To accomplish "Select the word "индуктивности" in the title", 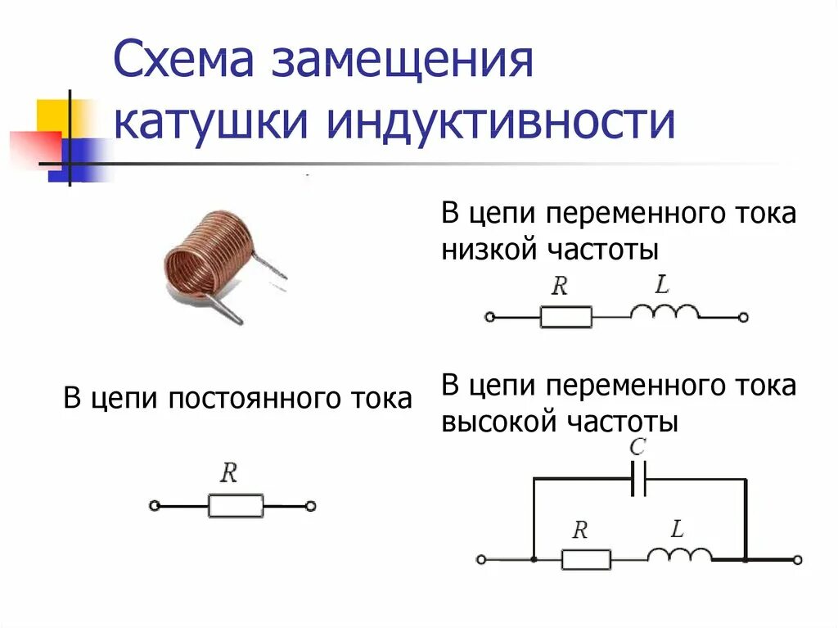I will click(501, 123).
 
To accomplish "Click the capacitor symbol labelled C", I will click(639, 478).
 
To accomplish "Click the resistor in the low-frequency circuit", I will click(565, 317).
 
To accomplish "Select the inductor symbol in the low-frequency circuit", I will click(664, 312).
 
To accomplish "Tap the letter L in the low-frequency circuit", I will click(662, 286).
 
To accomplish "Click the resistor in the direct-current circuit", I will click(236, 506).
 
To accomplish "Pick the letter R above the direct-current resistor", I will click(229, 473).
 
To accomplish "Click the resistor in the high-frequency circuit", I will click(586, 560).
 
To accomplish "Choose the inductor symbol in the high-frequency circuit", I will click(679, 554).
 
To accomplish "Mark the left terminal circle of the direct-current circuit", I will click(154, 506).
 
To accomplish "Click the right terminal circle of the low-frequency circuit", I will click(742, 317).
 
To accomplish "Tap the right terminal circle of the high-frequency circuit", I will click(797, 560).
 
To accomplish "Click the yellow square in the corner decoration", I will click(52, 114).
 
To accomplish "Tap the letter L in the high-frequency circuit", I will click(677, 529).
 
